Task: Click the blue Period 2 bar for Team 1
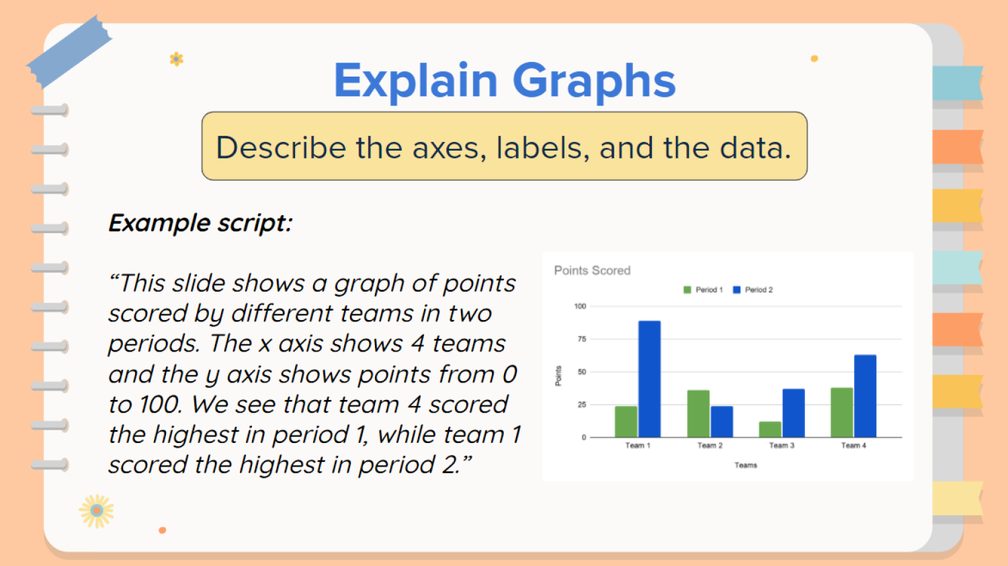(x=649, y=379)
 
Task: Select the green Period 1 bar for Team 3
(x=769, y=430)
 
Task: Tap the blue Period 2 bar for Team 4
(x=865, y=396)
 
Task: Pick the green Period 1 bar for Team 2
(x=698, y=413)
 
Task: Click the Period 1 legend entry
(x=703, y=290)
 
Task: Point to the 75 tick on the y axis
(x=581, y=339)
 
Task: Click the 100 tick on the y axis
(x=580, y=307)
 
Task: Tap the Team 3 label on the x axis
(x=782, y=446)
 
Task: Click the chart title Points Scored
(x=592, y=270)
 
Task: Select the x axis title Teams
(x=745, y=465)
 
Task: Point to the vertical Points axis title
(x=558, y=376)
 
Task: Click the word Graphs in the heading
(x=593, y=81)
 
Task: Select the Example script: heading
(x=200, y=223)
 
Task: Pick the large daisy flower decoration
(x=97, y=512)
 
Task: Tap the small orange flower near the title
(x=176, y=59)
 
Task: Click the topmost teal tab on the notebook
(x=957, y=83)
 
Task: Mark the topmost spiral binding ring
(x=49, y=110)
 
